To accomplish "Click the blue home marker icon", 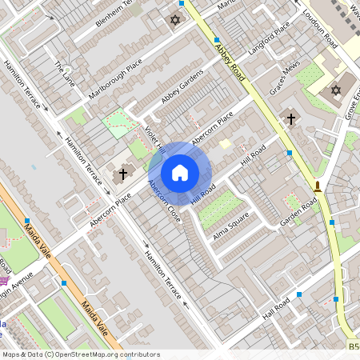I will [180, 173].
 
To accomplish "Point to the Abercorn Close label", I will [163, 202].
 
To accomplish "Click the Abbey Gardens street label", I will [182, 85].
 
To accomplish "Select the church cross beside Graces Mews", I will [290, 119].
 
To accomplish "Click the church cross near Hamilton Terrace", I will [123, 173].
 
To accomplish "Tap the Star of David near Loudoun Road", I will [335, 90].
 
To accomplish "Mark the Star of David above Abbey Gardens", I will [175, 20].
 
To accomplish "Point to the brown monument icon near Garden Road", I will [318, 188].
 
